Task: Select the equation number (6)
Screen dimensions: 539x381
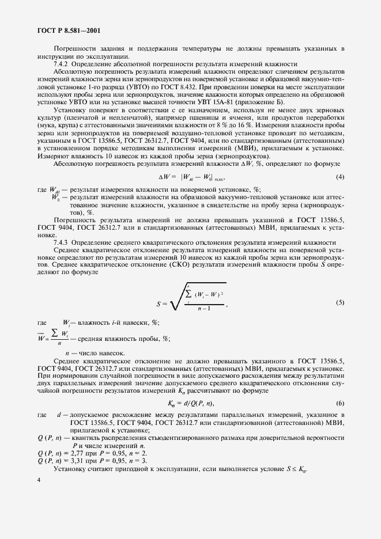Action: click(x=340, y=403)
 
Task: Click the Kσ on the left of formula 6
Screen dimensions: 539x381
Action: click(x=171, y=404)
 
